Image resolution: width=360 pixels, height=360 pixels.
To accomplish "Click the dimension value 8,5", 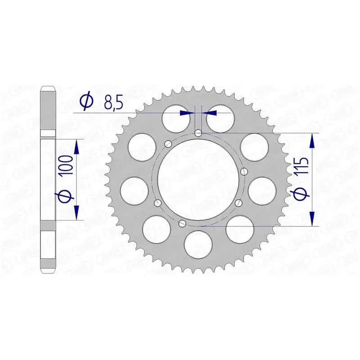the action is (x=113, y=103).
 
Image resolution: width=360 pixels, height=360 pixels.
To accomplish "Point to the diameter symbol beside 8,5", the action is (x=86, y=102).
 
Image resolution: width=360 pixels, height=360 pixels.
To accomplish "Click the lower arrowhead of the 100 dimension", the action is (x=77, y=212).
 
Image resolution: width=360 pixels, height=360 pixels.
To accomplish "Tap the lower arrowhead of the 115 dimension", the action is (x=312, y=218).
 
